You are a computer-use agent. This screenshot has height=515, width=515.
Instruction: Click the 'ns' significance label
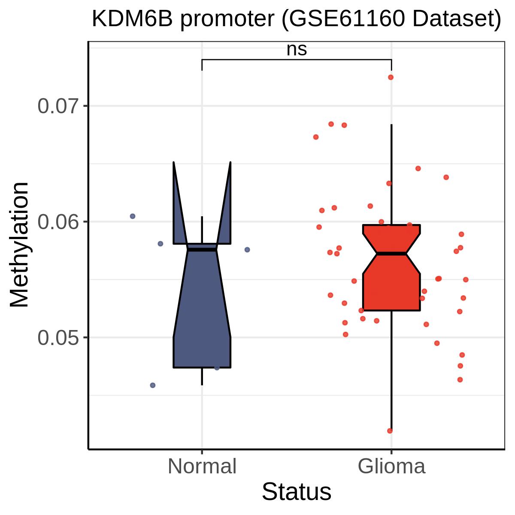[x=297, y=50]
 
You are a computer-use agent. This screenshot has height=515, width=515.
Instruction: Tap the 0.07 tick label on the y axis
[x=58, y=106]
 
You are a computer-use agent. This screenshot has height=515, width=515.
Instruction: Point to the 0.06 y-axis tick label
[x=58, y=221]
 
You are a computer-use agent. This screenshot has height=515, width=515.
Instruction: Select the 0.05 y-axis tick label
[x=58, y=338]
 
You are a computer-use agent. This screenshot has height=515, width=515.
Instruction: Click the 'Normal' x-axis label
[x=202, y=466]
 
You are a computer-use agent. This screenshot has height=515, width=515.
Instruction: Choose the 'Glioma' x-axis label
[x=391, y=466]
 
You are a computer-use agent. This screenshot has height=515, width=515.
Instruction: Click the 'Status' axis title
[x=297, y=492]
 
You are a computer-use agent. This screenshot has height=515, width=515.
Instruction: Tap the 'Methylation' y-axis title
[x=19, y=245]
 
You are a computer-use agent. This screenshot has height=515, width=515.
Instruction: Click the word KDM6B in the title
[x=132, y=19]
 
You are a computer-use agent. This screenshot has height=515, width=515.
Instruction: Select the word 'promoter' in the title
[x=227, y=20]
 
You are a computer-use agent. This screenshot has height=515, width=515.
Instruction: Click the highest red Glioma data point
[x=391, y=78]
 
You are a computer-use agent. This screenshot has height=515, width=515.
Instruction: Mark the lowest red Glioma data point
[x=390, y=431]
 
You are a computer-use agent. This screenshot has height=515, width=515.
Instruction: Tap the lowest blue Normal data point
[x=153, y=385]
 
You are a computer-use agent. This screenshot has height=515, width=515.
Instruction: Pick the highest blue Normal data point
[x=133, y=216]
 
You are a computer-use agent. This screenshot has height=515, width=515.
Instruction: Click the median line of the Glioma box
[x=391, y=253]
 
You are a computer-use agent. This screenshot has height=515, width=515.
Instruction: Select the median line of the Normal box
[x=202, y=250]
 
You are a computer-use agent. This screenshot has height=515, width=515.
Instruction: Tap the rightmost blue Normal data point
[x=247, y=250]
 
